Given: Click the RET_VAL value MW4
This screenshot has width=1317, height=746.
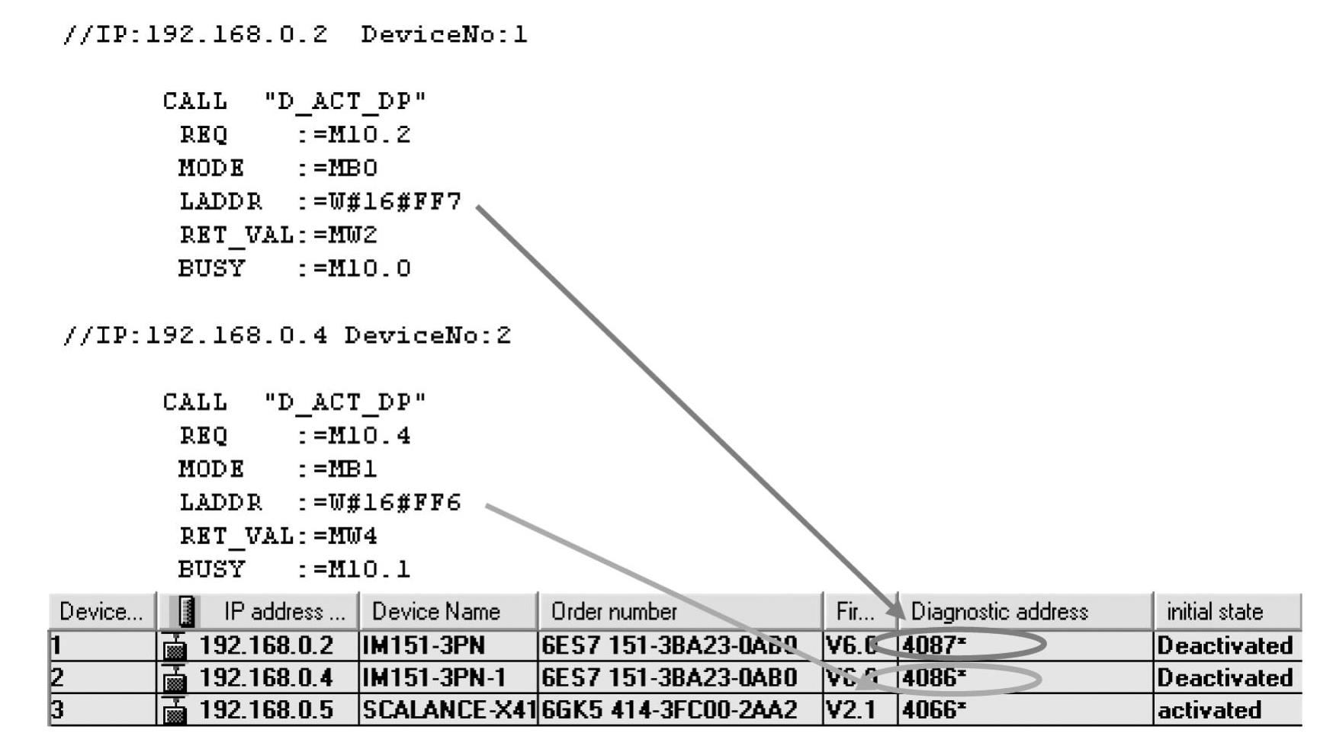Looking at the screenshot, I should pyautogui.click(x=352, y=536).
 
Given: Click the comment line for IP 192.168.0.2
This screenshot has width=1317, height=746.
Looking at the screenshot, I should pyautogui.click(x=294, y=35).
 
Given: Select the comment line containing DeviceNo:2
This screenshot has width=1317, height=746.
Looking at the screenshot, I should pyautogui.click(x=287, y=336).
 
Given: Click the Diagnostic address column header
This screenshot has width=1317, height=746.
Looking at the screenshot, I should pyautogui.click(x=999, y=612).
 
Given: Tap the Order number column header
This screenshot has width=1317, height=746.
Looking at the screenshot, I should pyautogui.click(x=614, y=612).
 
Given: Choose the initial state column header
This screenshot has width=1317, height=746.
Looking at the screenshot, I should pyautogui.click(x=1214, y=612).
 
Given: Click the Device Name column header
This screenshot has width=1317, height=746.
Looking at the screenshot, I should pyautogui.click(x=435, y=612).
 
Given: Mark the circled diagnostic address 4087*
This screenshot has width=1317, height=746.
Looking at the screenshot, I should pyautogui.click(x=934, y=645).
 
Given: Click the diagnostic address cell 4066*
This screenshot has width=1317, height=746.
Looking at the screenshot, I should pyautogui.click(x=934, y=710).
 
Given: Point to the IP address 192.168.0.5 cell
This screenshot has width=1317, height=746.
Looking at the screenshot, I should pyautogui.click(x=265, y=710).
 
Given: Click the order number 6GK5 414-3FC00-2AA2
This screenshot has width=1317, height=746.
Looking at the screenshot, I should pyautogui.click(x=669, y=710).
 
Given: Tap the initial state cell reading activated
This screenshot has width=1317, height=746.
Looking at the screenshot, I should pyautogui.click(x=1209, y=710).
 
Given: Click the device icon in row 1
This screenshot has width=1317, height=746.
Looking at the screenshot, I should pyautogui.click(x=175, y=647).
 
